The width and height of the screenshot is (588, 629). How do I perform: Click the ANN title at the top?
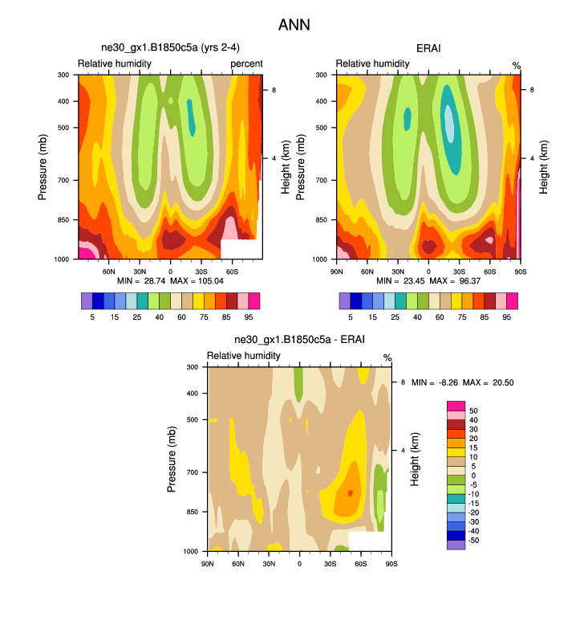294,25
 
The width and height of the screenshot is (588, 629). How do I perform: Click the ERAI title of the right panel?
428,49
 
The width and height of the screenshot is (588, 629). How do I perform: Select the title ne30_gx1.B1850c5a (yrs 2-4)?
170,49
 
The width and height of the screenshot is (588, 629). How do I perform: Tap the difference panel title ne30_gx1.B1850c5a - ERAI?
299,340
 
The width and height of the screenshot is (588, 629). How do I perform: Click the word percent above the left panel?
246,63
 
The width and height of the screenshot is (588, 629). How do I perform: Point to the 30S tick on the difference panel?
330,562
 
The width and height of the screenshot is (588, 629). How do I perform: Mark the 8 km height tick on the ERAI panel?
533,90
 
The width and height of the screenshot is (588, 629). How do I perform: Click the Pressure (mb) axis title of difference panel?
172,459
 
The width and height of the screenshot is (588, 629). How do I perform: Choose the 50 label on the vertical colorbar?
472,410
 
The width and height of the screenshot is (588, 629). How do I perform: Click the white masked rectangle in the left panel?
241,249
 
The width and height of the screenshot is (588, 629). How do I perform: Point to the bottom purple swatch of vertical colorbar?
456,545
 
